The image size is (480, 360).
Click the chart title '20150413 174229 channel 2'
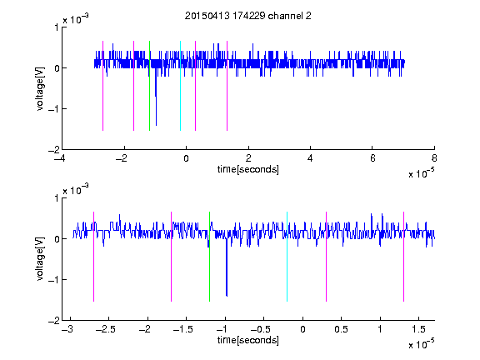click(x=248, y=16)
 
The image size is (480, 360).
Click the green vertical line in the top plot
click(x=149, y=86)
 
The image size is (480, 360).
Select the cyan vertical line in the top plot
click(x=180, y=86)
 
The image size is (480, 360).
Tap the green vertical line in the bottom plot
click(x=209, y=257)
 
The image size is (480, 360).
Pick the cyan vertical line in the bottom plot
click(x=287, y=257)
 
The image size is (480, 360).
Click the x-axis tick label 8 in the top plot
click(x=434, y=158)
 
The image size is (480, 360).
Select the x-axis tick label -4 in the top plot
click(x=59, y=158)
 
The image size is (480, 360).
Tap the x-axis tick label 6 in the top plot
click(x=372, y=158)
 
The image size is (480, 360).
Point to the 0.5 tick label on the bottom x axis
click(x=341, y=329)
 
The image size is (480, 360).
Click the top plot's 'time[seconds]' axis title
click(x=248, y=169)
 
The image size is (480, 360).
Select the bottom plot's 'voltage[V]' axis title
click(x=40, y=259)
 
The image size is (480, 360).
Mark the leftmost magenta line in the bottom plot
click(x=93, y=257)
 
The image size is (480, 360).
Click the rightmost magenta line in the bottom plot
click(x=403, y=257)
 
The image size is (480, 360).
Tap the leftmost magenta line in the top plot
click(x=102, y=86)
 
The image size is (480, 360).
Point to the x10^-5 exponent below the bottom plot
click(x=421, y=344)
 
